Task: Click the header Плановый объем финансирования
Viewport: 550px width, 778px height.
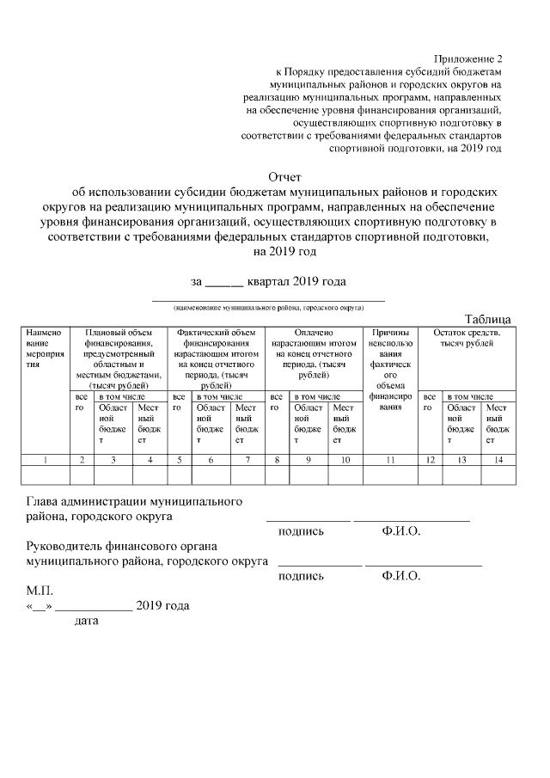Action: (x=119, y=353)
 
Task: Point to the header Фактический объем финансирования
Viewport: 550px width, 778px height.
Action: (x=216, y=353)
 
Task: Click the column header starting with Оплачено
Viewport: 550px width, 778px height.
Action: (x=314, y=353)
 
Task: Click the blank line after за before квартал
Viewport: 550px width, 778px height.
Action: (x=226, y=281)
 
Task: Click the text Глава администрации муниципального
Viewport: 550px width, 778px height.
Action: (x=133, y=501)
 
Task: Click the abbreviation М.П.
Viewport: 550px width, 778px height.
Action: (x=40, y=591)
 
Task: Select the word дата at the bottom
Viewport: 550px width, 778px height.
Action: (x=87, y=621)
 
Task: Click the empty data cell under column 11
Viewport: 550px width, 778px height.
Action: (x=390, y=475)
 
